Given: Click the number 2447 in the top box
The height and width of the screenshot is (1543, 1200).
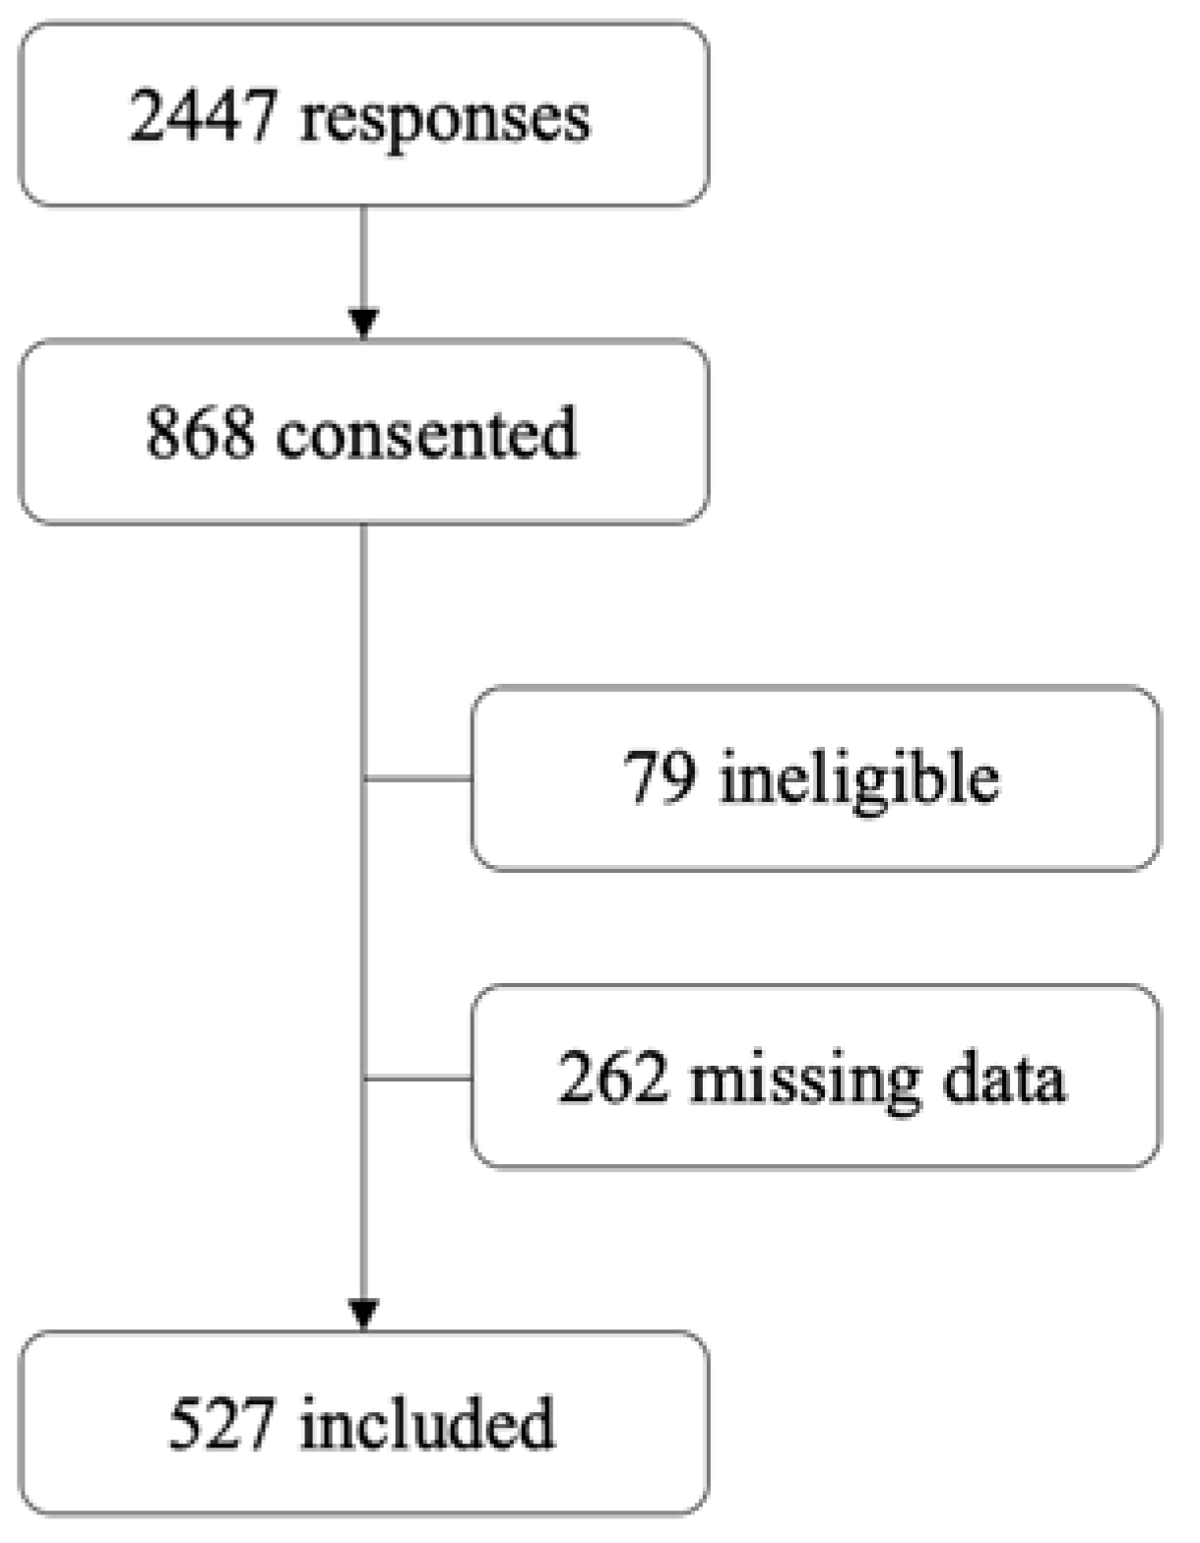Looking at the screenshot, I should click(x=202, y=116).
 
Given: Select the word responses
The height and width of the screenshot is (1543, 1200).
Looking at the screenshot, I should click(x=445, y=120).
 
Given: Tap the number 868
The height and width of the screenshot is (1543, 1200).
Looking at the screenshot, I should click(x=200, y=433).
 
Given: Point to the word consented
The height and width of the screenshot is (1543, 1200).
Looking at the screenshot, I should click(x=426, y=433).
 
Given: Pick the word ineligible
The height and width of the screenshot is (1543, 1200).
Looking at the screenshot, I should click(x=858, y=779).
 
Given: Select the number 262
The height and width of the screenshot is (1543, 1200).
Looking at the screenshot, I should click(x=612, y=1077).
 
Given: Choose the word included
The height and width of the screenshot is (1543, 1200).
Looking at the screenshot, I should click(x=426, y=1423).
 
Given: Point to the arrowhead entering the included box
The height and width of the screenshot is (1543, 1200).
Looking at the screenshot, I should click(x=364, y=1315).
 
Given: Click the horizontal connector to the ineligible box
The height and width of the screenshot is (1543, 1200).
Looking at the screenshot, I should click(x=418, y=778).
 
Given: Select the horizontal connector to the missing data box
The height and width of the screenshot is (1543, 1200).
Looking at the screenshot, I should click(x=418, y=1079).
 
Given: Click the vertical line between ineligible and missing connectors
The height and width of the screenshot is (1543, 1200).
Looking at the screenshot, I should click(x=364, y=930).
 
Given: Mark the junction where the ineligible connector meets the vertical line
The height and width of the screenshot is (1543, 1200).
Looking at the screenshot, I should click(x=364, y=778).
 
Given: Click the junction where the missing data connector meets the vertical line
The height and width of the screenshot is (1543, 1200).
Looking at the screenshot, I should click(x=364, y=1079).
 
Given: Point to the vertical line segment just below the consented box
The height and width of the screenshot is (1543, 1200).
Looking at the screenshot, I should click(x=364, y=590).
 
